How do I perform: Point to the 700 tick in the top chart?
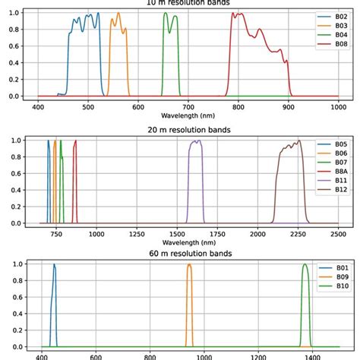[x=188, y=107]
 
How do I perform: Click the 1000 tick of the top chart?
[x=338, y=107]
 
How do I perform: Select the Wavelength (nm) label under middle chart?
[x=188, y=243]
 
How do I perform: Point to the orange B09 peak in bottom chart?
[x=189, y=264]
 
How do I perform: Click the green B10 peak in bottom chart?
[x=305, y=264]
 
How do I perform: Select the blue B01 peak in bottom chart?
[x=54, y=264]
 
